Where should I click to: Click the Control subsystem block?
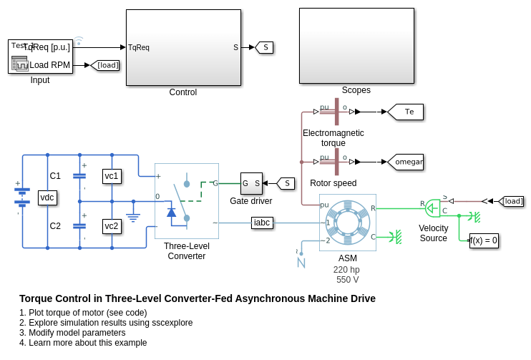183,47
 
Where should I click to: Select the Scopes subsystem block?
356,46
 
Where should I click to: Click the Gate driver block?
251,183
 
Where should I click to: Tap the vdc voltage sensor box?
47,198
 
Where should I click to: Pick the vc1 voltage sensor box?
112,176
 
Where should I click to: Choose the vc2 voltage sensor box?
112,226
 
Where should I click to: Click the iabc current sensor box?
263,223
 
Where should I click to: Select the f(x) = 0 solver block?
484,240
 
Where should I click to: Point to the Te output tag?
406,112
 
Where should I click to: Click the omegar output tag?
406,162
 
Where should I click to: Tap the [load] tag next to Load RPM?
105,65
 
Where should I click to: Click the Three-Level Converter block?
186,201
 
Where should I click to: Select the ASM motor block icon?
347,223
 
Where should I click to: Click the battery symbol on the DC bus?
23,197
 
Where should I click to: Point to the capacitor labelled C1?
79,176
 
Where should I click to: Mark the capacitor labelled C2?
79,226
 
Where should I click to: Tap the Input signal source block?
40,57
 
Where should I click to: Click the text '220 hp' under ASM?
347,270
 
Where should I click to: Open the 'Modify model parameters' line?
72,333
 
